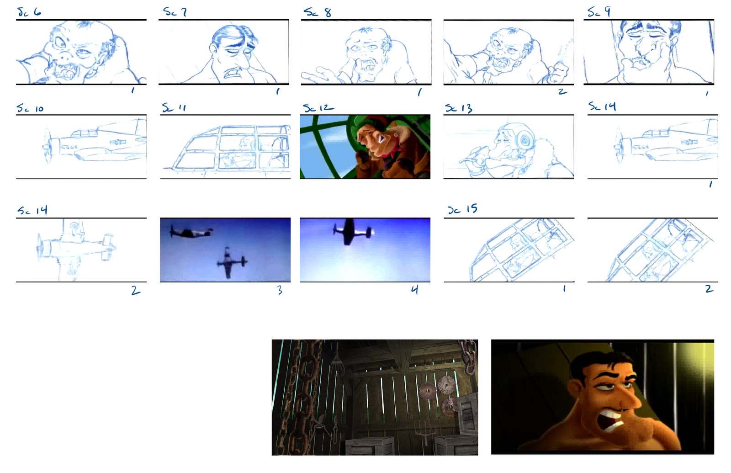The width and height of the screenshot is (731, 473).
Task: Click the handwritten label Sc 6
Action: click(29, 12)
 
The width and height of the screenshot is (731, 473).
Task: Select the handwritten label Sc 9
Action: click(599, 12)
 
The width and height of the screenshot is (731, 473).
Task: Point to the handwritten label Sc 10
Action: click(30, 108)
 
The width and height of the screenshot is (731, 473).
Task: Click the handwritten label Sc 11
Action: click(174, 108)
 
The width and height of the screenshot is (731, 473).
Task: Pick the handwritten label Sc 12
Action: click(318, 108)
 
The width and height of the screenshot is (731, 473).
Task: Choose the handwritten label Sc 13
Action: click(459, 108)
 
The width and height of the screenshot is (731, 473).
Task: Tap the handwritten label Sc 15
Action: click(462, 209)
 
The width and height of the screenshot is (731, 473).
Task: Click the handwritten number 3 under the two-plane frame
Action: click(280, 290)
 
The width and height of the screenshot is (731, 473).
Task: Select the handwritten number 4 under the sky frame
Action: click(414, 289)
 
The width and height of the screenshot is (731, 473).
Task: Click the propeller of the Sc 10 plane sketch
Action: click(48, 146)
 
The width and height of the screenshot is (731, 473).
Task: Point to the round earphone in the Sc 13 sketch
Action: click(525, 139)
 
